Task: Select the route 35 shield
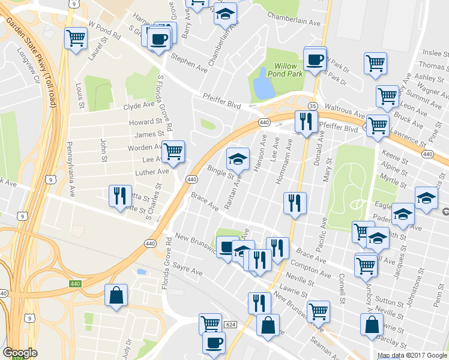(x=313, y=106)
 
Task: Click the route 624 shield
(x=231, y=324)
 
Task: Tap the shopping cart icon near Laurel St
(x=76, y=39)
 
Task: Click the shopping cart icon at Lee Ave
(x=173, y=151)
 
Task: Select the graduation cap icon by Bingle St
(x=238, y=159)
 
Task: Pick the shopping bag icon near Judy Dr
(x=116, y=295)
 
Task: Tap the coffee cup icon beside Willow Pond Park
(x=315, y=59)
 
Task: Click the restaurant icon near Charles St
(x=119, y=195)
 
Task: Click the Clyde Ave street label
(x=139, y=106)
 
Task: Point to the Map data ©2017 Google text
(x=412, y=355)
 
